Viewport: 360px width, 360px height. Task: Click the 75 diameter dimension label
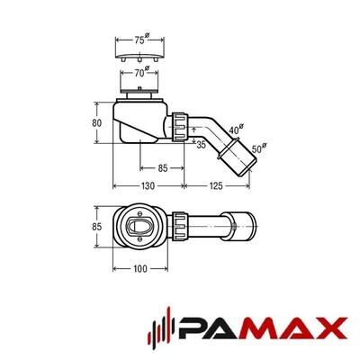click(142, 40)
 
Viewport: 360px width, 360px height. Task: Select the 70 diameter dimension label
click(141, 72)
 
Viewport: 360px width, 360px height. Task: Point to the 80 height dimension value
click(96, 123)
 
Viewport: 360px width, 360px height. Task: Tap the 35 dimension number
click(201, 145)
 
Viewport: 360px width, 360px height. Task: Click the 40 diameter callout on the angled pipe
click(237, 129)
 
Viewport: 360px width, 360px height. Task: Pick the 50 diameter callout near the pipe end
click(259, 148)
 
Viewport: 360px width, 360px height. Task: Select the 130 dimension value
click(148, 186)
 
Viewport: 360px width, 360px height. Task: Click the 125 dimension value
click(216, 186)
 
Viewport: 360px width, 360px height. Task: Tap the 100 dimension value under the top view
click(140, 269)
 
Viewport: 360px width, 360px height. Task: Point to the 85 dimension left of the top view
click(96, 227)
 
